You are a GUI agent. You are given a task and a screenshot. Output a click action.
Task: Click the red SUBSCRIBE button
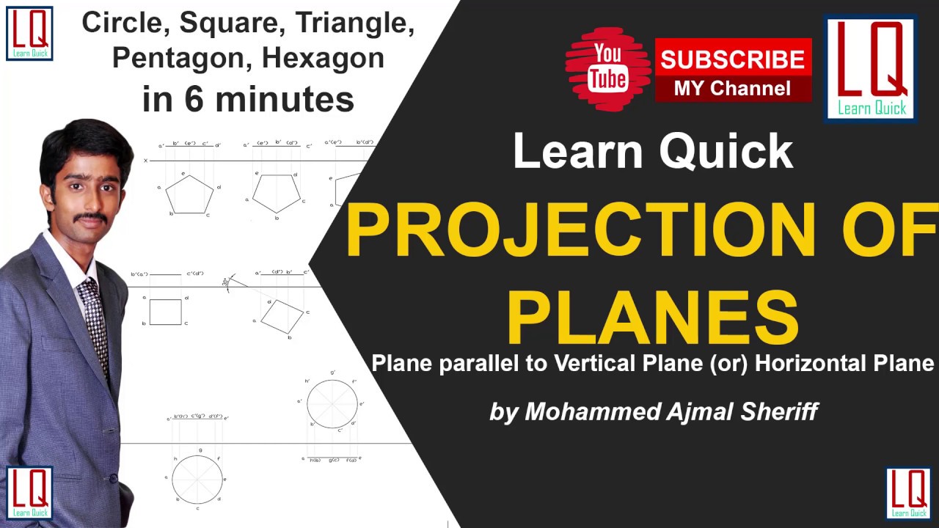732,59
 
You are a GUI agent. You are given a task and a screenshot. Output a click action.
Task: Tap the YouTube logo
608,67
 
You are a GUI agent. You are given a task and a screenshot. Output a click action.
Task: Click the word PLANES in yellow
652,318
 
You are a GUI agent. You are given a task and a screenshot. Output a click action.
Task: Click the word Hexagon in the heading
323,58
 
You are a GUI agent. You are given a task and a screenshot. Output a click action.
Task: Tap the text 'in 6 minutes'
248,98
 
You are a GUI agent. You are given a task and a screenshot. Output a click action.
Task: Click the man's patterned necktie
94,323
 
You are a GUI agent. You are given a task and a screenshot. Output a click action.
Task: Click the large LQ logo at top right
872,68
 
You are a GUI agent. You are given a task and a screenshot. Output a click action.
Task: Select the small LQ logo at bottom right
908,493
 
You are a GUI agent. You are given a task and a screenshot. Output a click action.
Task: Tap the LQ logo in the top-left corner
29,33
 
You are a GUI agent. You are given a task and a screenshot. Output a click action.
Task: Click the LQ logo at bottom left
29,493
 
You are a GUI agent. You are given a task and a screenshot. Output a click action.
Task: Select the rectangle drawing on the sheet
165,312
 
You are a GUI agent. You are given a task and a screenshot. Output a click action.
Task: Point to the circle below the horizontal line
197,478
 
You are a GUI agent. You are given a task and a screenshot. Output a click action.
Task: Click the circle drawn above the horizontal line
332,403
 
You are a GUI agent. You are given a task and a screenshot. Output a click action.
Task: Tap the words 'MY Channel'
732,89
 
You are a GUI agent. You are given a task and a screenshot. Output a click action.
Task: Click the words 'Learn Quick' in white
653,152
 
